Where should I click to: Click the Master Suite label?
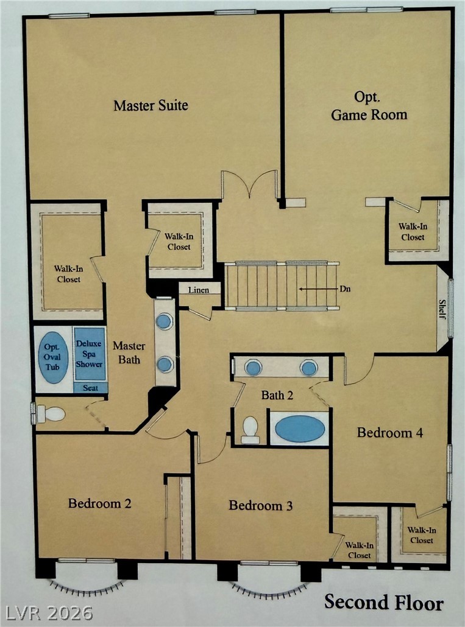click(151, 105)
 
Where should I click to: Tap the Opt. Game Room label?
click(369, 106)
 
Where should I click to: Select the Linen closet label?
click(199, 290)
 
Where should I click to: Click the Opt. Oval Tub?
click(52, 357)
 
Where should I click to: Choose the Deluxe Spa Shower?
click(90, 354)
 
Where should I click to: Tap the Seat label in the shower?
click(90, 388)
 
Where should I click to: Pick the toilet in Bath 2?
click(250, 430)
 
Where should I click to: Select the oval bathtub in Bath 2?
click(300, 429)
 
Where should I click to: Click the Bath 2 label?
click(277, 396)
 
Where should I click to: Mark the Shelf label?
click(442, 309)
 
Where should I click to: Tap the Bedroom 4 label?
click(390, 433)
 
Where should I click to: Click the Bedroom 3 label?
click(260, 505)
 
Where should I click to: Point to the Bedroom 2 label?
click(100, 503)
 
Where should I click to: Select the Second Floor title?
click(384, 602)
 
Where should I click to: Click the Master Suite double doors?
click(249, 184)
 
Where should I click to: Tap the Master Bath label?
click(129, 352)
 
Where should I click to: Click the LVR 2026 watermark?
click(47, 613)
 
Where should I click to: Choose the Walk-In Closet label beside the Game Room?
click(413, 231)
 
